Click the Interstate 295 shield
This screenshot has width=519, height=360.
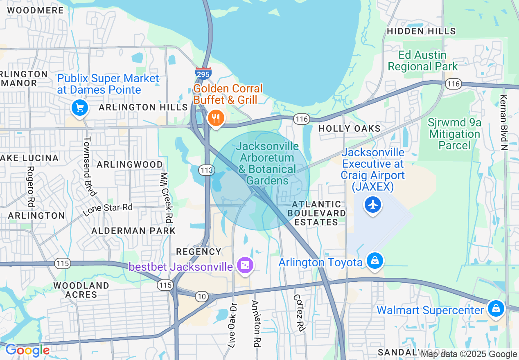point(203,73)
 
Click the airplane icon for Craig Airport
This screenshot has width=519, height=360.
point(372,205)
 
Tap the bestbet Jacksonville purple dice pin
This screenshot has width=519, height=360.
point(245,266)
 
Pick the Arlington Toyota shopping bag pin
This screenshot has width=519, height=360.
point(375,261)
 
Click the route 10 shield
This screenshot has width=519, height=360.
point(201,297)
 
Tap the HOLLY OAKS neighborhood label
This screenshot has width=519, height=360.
point(350,128)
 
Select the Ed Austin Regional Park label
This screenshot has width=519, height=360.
point(423,61)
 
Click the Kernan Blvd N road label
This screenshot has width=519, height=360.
point(504,123)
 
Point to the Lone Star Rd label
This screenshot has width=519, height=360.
point(108,209)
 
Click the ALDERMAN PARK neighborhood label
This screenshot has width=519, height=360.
point(133,231)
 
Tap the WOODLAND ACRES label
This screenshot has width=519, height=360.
point(81,290)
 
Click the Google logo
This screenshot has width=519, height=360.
point(27,350)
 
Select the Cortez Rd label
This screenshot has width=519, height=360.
point(300,313)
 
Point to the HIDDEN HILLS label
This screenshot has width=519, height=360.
point(421,31)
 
